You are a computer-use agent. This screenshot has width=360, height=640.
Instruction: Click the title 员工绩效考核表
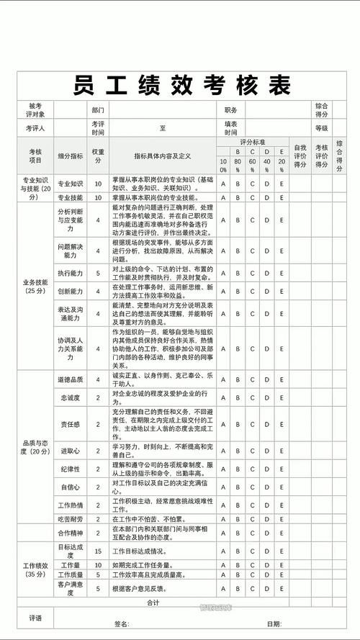(x=179, y=85)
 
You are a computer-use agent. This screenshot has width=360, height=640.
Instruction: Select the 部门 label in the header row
(x=98, y=111)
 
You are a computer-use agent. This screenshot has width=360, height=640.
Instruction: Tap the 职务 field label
(x=231, y=111)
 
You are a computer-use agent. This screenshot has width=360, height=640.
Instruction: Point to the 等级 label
(x=321, y=128)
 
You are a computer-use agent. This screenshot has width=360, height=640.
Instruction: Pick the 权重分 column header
(x=98, y=156)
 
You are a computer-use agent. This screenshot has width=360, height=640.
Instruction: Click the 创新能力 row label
(x=70, y=292)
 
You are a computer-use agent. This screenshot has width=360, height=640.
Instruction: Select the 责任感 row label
(x=70, y=425)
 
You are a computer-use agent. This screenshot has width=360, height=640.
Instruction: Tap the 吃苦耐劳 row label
(x=70, y=518)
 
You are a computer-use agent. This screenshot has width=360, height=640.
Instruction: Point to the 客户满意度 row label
(x=70, y=588)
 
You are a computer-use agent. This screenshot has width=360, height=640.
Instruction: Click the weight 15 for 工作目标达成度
(x=98, y=551)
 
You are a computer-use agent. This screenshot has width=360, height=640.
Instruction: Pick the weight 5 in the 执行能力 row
(x=98, y=274)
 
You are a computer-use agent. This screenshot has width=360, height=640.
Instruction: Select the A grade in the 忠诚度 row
(x=223, y=395)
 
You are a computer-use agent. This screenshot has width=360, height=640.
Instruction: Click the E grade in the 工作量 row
(x=282, y=565)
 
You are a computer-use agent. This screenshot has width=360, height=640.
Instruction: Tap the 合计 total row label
(x=153, y=602)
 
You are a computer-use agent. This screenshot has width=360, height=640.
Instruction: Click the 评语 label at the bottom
(x=35, y=618)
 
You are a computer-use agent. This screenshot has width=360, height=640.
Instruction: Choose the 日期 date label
(x=274, y=623)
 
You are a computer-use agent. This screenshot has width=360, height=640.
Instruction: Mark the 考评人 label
(x=35, y=128)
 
